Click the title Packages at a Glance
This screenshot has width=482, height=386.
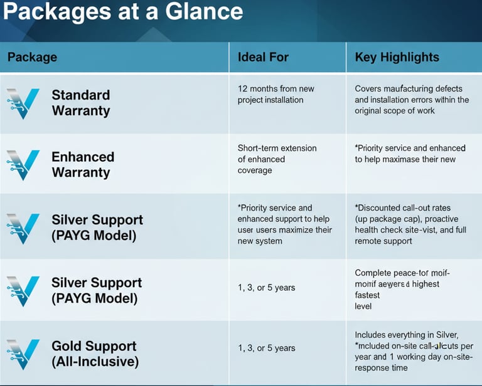(122, 12)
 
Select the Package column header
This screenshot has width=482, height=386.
(32, 58)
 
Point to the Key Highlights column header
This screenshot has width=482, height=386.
(397, 58)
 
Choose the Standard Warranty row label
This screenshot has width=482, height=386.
(80, 103)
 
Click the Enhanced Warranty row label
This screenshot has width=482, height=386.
(82, 164)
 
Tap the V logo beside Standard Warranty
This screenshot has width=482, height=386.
(23, 103)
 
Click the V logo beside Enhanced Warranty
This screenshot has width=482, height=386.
(23, 164)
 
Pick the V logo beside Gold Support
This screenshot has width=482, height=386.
(23, 353)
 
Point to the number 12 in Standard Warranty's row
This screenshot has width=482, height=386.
(243, 89)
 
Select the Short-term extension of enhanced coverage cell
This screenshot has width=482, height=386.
(277, 159)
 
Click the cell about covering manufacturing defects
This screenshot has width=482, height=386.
(412, 100)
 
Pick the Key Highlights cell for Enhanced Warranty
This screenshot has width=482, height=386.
(410, 154)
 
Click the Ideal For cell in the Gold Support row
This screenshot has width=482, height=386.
(266, 348)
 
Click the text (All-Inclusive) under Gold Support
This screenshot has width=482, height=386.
(95, 362)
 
